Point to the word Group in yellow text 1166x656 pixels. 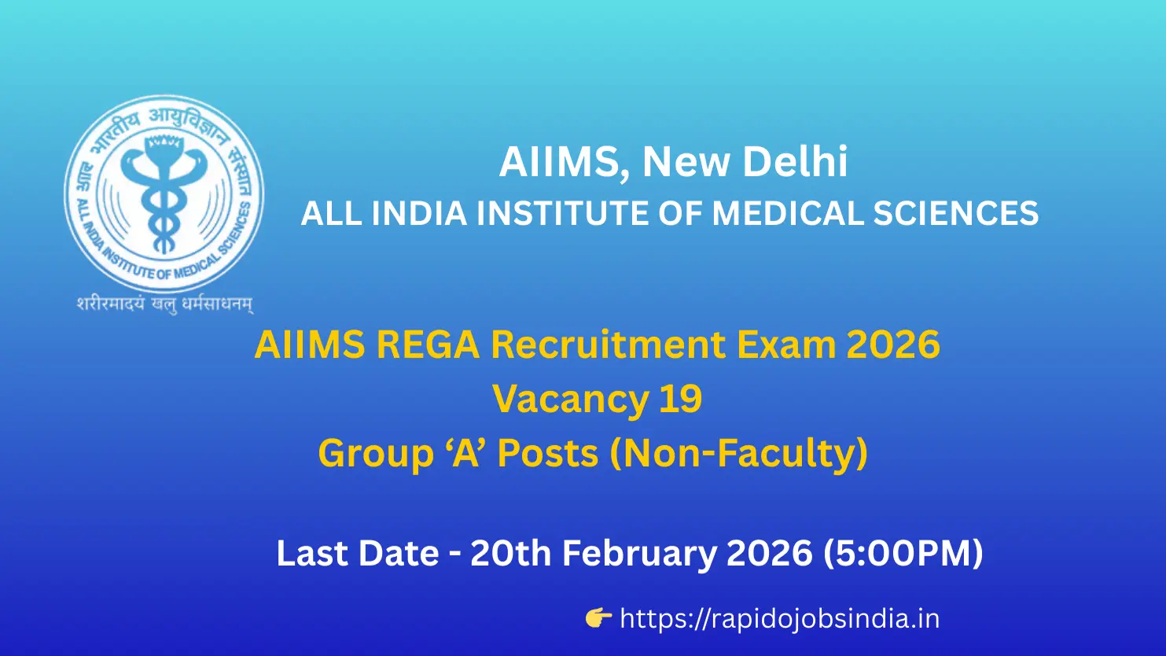click(x=366, y=453)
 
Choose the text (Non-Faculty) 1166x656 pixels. click(x=739, y=453)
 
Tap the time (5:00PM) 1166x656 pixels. click(x=903, y=554)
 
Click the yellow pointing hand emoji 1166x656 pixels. click(x=598, y=619)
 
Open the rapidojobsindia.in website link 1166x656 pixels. click(x=779, y=619)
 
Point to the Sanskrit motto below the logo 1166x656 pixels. click(x=164, y=304)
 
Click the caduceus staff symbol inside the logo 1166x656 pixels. click(x=164, y=189)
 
